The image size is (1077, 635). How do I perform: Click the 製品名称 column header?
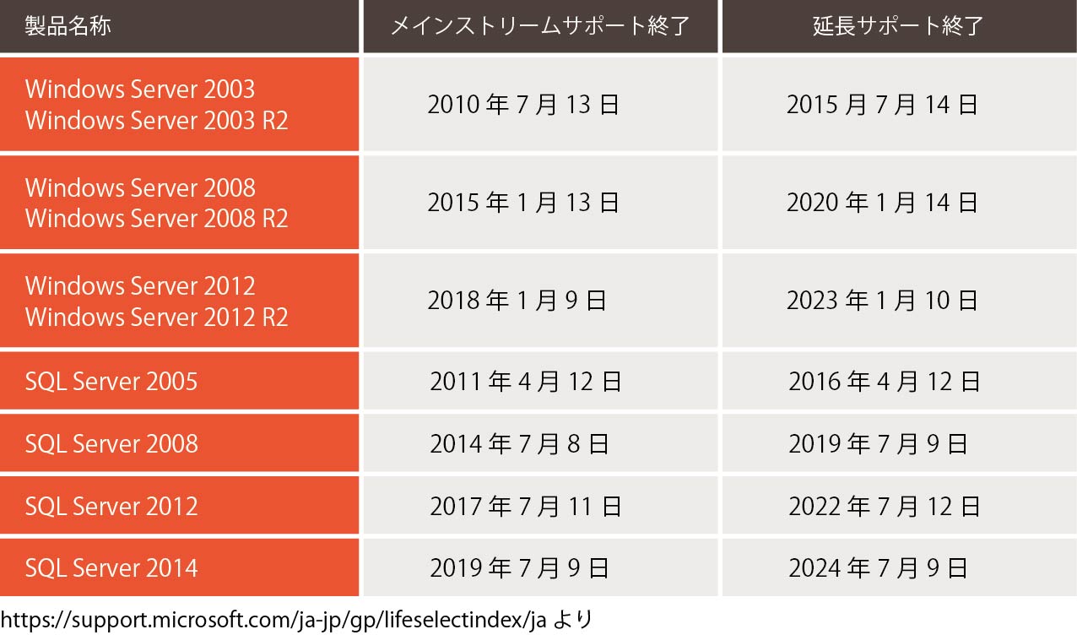pos(68,26)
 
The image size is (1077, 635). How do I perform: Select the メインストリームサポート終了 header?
pos(540,26)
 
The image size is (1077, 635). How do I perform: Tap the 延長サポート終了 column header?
pos(898,26)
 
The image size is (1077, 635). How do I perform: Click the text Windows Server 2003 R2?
pos(157,121)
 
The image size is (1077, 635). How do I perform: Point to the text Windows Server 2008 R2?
pos(157,219)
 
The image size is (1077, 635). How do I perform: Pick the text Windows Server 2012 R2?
pos(157,317)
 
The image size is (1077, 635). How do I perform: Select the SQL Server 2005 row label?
pos(111,382)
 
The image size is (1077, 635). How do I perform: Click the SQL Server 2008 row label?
pos(111,443)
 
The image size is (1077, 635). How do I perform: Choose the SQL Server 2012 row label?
pos(111,506)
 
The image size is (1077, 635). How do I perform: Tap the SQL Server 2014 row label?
pos(111,567)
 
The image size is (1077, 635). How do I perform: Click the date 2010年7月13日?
pos(524,105)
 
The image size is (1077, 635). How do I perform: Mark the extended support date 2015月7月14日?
pos(882,105)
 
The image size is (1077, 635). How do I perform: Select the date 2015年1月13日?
pos(524,203)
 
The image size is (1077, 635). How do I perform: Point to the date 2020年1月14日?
pos(882,203)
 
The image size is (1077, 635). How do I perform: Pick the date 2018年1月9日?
pos(517,301)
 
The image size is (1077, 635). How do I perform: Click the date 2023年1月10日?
pos(882,301)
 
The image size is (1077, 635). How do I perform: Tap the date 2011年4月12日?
pos(526,382)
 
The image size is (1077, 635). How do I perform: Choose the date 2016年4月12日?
pos(885,382)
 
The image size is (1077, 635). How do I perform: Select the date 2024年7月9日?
pos(878,567)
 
